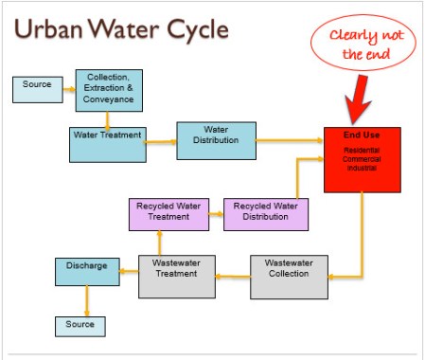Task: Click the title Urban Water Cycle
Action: [x=119, y=29]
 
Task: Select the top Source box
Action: [x=37, y=89]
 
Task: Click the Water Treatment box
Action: [x=107, y=139]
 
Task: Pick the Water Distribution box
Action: [x=217, y=139]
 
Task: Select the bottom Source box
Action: [x=80, y=325]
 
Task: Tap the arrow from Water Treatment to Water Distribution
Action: [x=162, y=142]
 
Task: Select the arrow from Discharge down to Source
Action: [x=86, y=301]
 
